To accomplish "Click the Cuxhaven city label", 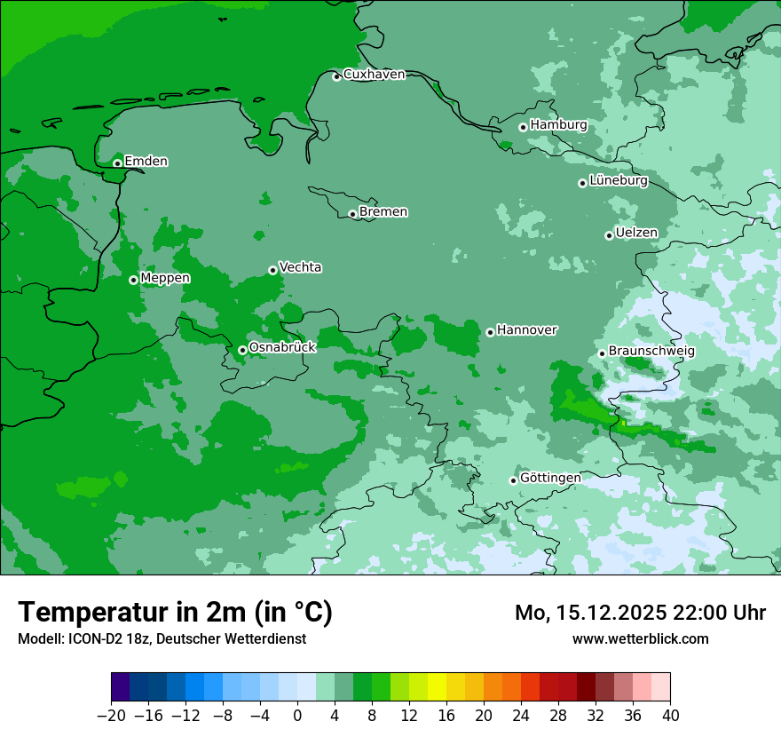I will (x=374, y=75).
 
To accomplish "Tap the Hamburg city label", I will (x=558, y=125).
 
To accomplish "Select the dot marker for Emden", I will (x=117, y=163).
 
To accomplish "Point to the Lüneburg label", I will (x=618, y=181).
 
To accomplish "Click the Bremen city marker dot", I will (x=352, y=214).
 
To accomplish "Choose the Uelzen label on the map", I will (x=636, y=234).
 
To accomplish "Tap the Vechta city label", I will (x=300, y=268).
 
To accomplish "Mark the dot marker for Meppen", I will (x=133, y=280).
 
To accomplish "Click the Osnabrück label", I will (x=282, y=348).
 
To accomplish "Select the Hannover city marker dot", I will (x=490, y=332).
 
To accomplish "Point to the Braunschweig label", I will (x=651, y=352).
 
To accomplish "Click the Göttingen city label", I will (x=550, y=479).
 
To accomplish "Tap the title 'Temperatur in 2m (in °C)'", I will (x=175, y=613).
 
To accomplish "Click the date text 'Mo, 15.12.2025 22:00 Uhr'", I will (x=640, y=613).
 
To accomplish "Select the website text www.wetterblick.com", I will (x=640, y=638).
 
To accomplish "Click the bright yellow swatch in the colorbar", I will (x=437, y=687).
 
